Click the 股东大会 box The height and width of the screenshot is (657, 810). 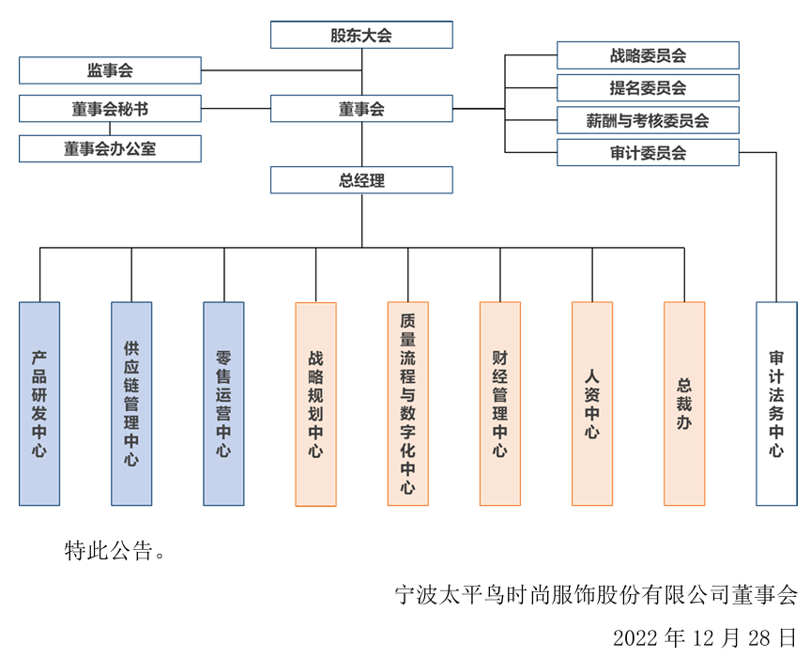(361, 35)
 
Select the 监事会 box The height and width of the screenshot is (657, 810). (110, 70)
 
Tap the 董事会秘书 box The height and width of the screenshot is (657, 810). (110, 109)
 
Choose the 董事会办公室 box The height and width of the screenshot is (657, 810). (110, 148)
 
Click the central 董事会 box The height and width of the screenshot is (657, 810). (361, 109)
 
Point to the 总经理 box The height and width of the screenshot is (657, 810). (361, 180)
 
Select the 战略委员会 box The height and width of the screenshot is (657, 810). (648, 55)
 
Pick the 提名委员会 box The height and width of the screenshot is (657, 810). (648, 88)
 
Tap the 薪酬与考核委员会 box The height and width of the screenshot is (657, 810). (648, 120)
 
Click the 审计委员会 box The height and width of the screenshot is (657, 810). (648, 153)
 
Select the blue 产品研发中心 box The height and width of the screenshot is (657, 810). (39, 404)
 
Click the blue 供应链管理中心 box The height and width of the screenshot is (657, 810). (131, 404)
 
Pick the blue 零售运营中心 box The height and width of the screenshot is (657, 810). (223, 404)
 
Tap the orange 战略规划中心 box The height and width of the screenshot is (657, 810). (315, 404)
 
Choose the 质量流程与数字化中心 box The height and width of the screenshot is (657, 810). (407, 404)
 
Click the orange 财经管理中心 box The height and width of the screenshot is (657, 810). (499, 404)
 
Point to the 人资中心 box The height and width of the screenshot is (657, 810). (591, 404)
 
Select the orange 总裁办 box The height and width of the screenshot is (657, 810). (683, 404)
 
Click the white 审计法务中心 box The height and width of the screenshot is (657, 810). (776, 404)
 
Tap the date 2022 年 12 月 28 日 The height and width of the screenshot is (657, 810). (704, 638)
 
